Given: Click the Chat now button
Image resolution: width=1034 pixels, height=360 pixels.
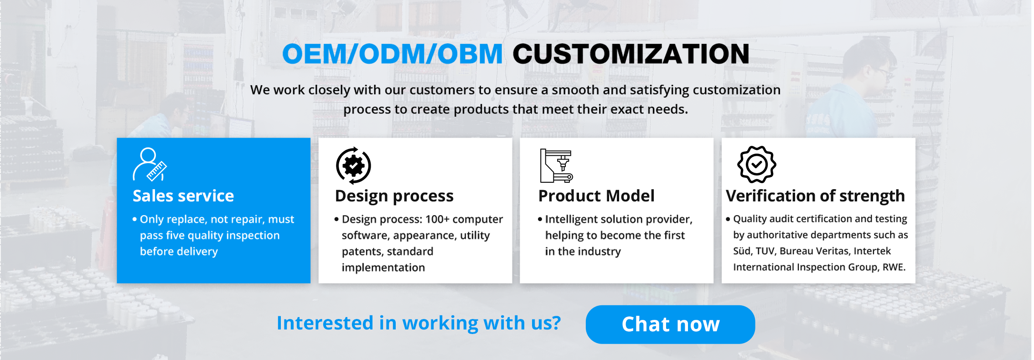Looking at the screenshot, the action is coord(670,324).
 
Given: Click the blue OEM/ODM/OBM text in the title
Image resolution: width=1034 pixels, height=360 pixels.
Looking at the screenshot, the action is coord(393,54).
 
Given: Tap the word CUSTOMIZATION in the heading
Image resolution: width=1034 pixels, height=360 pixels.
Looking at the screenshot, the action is coord(631,54).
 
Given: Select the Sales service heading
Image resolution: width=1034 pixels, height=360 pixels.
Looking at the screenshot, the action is coord(183,196).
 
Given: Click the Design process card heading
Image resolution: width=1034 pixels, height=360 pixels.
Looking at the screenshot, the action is coord(394,196).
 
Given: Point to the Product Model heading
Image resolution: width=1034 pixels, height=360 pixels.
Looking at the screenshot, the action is coord(596,196).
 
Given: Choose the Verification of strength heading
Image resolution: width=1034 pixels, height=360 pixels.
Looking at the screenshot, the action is coord(815,196).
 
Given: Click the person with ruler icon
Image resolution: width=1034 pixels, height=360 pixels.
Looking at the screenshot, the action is coord(150,164).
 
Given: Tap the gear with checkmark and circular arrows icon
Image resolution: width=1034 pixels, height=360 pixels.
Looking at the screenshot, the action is coord(353,165).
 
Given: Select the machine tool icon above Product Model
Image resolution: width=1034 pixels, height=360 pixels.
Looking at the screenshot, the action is coord(556,165).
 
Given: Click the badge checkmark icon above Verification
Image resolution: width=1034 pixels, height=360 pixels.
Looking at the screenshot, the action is coord(757,165).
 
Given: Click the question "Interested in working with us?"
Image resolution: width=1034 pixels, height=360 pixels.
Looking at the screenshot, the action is coord(419,323).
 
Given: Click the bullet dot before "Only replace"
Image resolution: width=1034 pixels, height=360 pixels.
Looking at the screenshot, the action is coord(134,220).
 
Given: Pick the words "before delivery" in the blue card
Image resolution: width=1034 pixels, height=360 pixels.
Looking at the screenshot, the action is coord(179,252).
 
